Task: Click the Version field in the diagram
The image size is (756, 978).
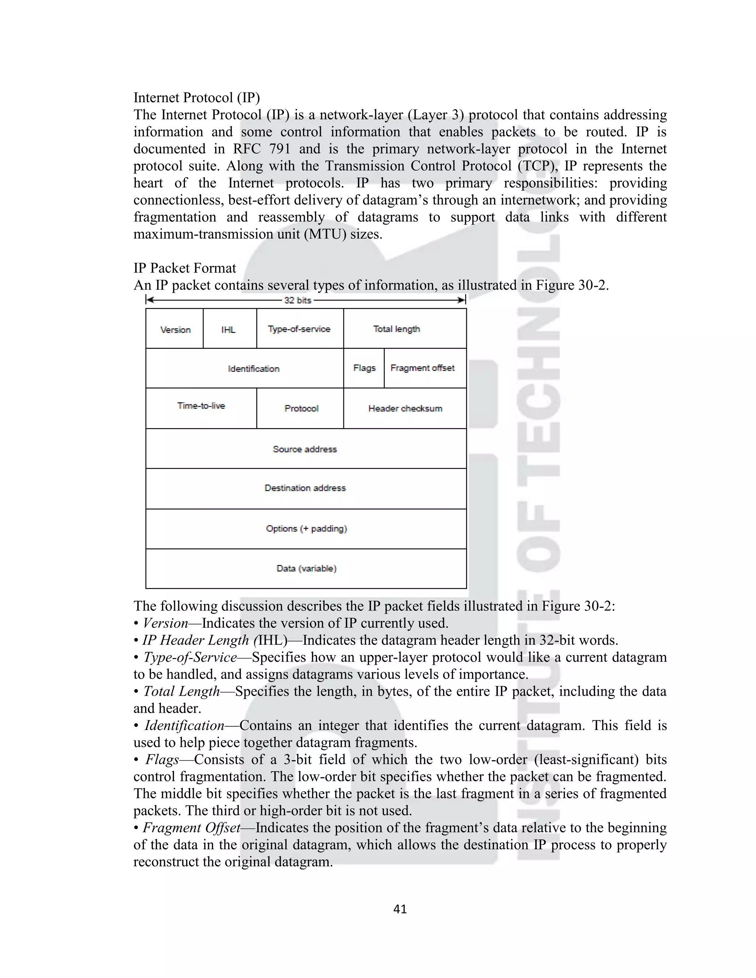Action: click(175, 330)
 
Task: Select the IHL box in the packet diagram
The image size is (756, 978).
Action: click(228, 330)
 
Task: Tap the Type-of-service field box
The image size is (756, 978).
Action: click(299, 329)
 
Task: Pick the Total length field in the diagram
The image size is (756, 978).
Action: click(397, 329)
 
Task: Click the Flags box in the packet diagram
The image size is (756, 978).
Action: click(364, 368)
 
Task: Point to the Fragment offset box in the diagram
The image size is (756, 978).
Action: click(422, 368)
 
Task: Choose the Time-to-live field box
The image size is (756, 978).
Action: click(201, 406)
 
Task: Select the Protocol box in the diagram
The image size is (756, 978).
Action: click(302, 409)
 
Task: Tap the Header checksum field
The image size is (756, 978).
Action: click(405, 409)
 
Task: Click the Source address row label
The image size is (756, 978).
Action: click(305, 449)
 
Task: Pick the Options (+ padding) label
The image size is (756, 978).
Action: click(306, 529)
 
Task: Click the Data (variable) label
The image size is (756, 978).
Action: click(306, 569)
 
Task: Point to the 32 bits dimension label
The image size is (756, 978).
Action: click(298, 300)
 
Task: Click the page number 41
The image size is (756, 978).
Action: click(400, 909)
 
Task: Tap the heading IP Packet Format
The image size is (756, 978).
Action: click(185, 268)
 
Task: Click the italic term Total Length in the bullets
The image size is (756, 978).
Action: click(181, 691)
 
